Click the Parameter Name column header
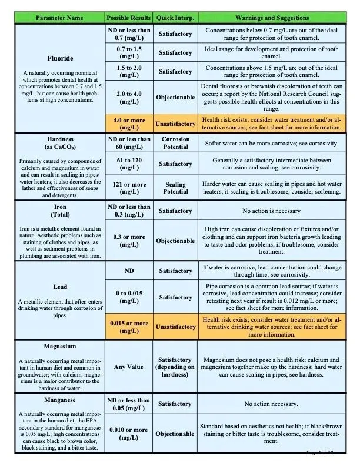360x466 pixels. (x=59, y=18)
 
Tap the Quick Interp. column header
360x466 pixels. (x=175, y=18)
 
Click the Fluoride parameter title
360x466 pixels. (x=59, y=59)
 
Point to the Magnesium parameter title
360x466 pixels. (x=59, y=347)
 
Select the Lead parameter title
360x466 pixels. (x=59, y=287)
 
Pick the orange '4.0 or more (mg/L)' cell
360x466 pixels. (x=128, y=124)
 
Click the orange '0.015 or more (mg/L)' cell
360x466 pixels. (x=128, y=327)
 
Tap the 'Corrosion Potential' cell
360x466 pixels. (x=175, y=143)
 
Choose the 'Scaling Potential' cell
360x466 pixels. (x=175, y=188)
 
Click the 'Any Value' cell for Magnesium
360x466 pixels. (x=128, y=367)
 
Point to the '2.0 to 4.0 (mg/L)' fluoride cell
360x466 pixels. (x=128, y=97)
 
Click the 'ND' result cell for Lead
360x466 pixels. (x=128, y=271)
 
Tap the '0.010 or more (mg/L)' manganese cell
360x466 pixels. (x=128, y=434)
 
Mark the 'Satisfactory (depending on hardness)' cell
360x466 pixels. (x=175, y=367)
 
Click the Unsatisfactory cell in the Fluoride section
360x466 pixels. (x=175, y=124)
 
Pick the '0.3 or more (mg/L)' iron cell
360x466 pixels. (x=128, y=241)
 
